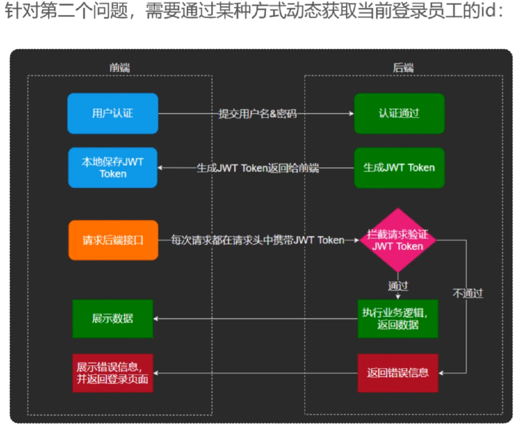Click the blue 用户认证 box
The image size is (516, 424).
pyautogui.click(x=112, y=113)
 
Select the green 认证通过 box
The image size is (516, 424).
pyautogui.click(x=399, y=113)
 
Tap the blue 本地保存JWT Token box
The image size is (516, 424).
pyautogui.click(x=112, y=168)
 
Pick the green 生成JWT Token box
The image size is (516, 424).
pyautogui.click(x=399, y=168)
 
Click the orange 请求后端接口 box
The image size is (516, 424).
pyautogui.click(x=113, y=240)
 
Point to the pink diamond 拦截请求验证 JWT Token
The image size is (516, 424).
pyautogui.click(x=398, y=240)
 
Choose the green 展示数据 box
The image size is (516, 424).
pyautogui.click(x=112, y=319)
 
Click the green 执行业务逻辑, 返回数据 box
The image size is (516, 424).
pyautogui.click(x=398, y=319)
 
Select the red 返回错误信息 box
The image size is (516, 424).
pyautogui.click(x=398, y=373)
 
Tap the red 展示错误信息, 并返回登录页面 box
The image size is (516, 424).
pyautogui.click(x=112, y=373)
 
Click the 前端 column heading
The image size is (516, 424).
pyautogui.click(x=120, y=68)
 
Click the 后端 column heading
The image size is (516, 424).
pyautogui.click(x=403, y=68)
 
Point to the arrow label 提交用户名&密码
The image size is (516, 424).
pyautogui.click(x=257, y=114)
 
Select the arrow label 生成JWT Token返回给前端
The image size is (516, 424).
pyautogui.click(x=257, y=168)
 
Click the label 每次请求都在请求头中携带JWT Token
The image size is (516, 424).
pyautogui.click(x=257, y=240)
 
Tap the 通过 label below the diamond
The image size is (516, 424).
pyautogui.click(x=398, y=286)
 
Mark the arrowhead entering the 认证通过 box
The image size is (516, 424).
pyautogui.click(x=352, y=114)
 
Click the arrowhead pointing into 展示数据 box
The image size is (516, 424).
pyautogui.click(x=156, y=319)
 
